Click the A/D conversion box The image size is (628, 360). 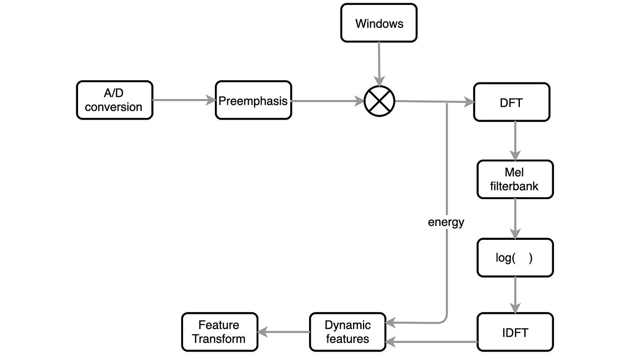(x=114, y=100)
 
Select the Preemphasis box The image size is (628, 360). (x=253, y=100)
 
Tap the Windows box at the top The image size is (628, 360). (x=379, y=23)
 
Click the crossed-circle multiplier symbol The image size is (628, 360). (x=379, y=101)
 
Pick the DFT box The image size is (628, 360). (x=511, y=102)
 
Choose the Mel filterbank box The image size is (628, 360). (x=515, y=179)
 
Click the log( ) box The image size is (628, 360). (x=515, y=258)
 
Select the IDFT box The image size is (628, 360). (x=515, y=332)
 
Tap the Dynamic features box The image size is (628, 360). (x=347, y=332)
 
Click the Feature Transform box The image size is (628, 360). (x=219, y=332)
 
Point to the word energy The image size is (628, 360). (x=446, y=222)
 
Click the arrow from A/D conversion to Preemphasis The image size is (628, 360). (x=184, y=100)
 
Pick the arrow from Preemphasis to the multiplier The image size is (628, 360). (x=327, y=101)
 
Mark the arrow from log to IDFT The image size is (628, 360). (x=515, y=295)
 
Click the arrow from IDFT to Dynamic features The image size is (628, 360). (x=431, y=342)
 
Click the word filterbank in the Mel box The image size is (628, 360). (x=515, y=185)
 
